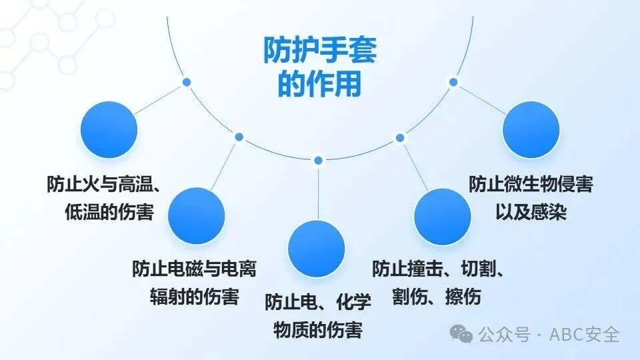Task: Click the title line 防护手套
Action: click(319, 51)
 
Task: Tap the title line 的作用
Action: click(319, 85)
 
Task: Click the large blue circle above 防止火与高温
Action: click(109, 129)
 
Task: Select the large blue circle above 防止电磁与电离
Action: click(197, 215)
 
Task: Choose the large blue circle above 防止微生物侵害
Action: click(531, 129)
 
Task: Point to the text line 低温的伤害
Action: click(109, 212)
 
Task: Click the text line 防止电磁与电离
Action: click(195, 269)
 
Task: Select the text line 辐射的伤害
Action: click(195, 296)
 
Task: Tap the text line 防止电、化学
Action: click(318, 302)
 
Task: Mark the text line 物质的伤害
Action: click(318, 329)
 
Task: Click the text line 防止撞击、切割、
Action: click(439, 269)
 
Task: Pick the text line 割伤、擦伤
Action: click(439, 296)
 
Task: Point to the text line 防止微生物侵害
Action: click(531, 185)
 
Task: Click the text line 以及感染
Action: click(531, 212)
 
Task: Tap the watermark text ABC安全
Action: click(585, 334)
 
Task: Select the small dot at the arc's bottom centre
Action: click(318, 160)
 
